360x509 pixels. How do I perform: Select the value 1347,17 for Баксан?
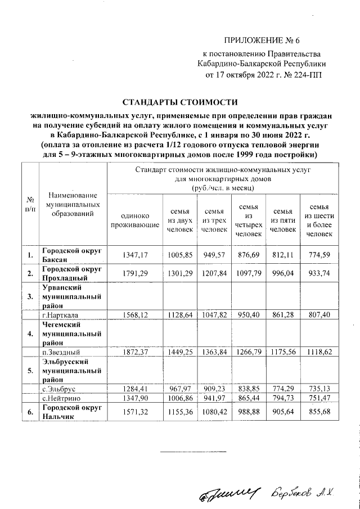coord(134,255)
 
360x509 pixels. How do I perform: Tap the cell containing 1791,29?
coord(134,273)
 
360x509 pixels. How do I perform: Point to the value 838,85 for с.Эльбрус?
coord(248,388)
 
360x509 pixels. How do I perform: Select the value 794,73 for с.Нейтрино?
coord(282,398)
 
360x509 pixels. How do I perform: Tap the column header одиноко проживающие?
coord(134,222)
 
